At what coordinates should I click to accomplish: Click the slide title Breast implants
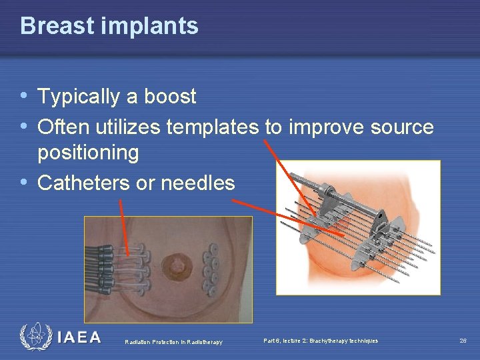coord(109,26)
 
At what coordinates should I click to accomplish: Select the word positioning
coord(88,153)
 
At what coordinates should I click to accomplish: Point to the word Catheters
coord(84,183)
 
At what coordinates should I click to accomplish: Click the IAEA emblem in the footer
coord(35,337)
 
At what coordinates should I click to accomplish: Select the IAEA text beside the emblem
coord(79,337)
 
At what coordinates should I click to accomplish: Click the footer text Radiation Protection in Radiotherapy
coord(173,342)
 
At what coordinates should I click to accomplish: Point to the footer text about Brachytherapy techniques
coord(320,341)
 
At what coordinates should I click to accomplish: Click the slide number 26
coord(463,341)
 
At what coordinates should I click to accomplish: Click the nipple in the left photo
coord(177,266)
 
